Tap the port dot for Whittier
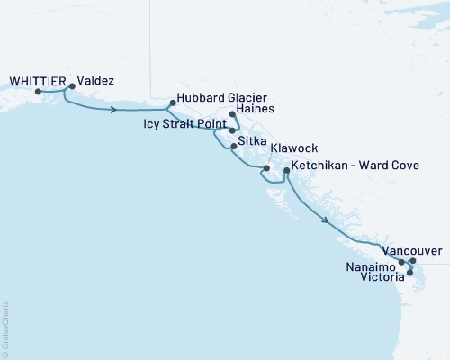38,91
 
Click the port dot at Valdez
72,87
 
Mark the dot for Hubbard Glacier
172,103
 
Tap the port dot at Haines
233,114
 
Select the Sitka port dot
234,146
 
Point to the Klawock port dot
265,168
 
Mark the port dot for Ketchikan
286,170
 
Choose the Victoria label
382,278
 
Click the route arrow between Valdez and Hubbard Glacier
114,110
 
